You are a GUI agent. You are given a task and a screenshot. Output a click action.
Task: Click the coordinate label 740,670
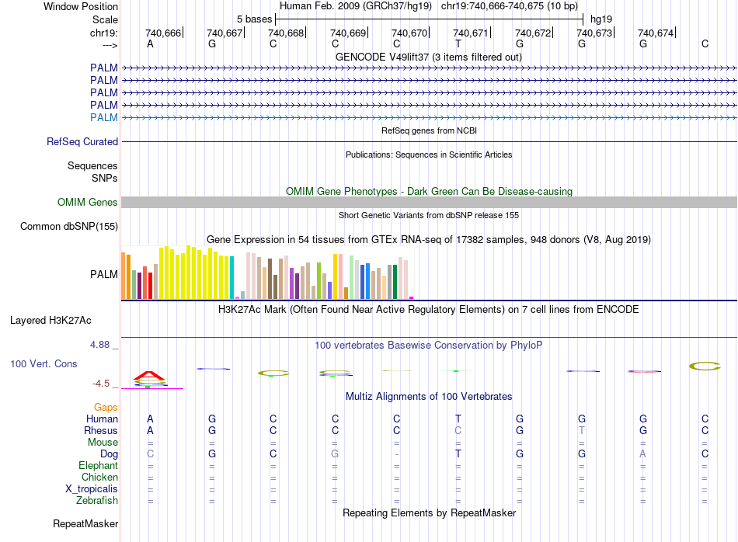409,33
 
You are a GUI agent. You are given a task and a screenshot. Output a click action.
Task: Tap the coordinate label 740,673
594,33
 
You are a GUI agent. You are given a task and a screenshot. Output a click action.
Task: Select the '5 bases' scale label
254,19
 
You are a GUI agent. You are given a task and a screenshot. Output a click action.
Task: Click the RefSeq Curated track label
82,142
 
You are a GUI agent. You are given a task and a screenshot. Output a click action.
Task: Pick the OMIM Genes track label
88,203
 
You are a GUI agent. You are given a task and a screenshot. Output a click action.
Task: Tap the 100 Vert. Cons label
44,363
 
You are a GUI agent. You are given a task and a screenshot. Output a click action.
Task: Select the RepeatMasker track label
85,524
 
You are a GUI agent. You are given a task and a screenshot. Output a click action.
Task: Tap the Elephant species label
98,466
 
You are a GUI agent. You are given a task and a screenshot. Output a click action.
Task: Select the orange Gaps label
106,407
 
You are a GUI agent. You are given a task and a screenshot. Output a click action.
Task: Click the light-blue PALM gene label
104,117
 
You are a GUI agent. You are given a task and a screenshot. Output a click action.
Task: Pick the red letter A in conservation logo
148,376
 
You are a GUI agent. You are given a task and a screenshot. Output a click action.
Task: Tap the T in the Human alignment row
458,419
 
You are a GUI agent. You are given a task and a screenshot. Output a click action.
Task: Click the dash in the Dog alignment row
397,454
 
